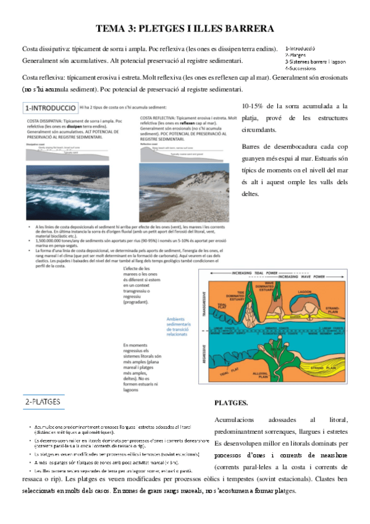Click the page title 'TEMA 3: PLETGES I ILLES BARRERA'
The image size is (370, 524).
click(x=185, y=28)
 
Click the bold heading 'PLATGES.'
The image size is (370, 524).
click(x=230, y=403)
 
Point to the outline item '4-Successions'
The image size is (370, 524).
click(x=300, y=69)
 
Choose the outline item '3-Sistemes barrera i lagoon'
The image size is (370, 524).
click(x=315, y=62)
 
